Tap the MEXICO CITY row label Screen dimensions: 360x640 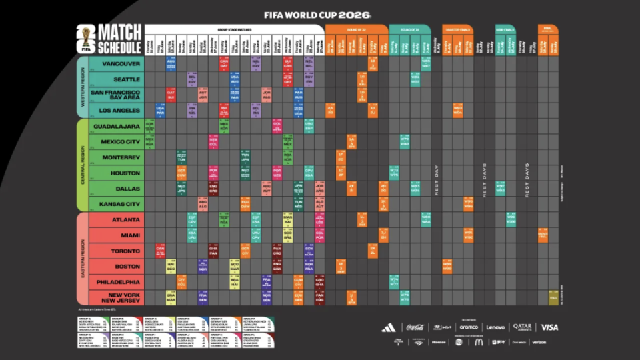(120, 141)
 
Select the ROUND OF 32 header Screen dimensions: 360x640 (356, 30)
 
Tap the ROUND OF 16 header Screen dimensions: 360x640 (409, 30)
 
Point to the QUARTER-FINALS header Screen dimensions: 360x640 (457, 30)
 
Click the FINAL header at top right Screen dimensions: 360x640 (548, 28)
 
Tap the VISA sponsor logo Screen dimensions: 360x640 (549, 327)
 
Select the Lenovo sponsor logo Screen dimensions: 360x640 (495, 327)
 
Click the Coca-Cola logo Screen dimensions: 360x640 (414, 327)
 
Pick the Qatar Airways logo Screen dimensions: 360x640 (522, 327)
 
